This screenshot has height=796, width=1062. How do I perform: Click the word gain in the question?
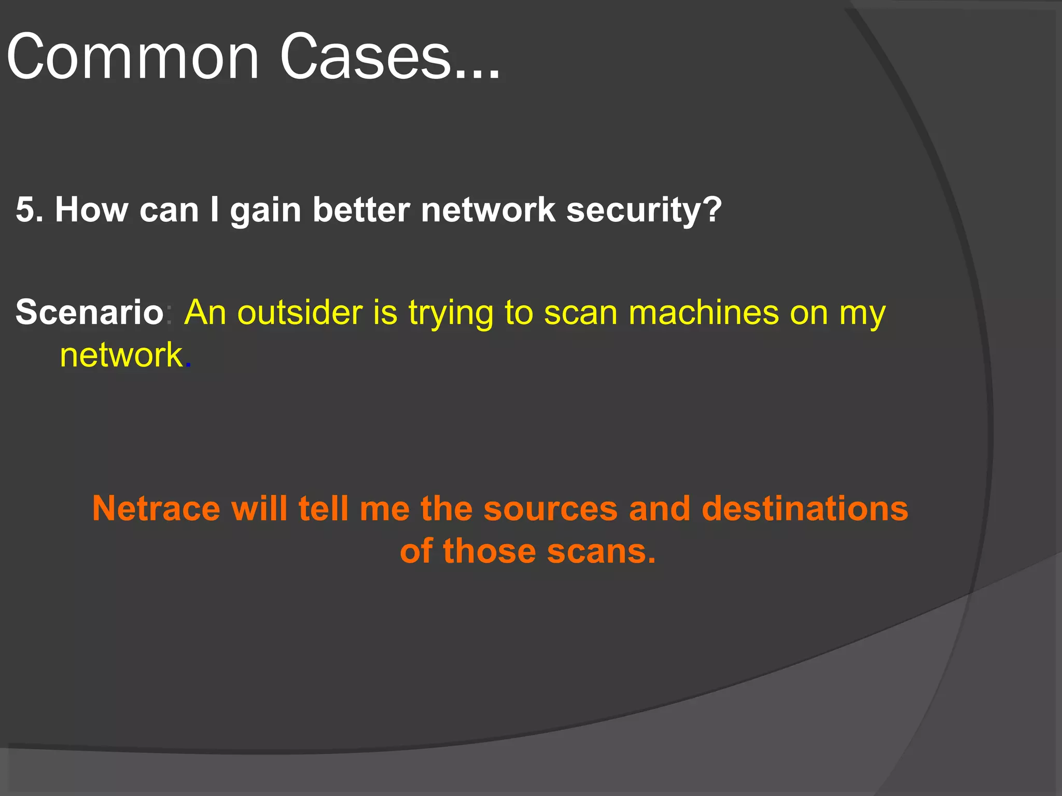click(x=265, y=211)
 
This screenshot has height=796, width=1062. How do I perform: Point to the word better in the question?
click(x=361, y=210)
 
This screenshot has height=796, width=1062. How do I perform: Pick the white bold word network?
click(x=488, y=210)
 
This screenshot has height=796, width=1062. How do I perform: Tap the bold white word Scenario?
click(x=89, y=312)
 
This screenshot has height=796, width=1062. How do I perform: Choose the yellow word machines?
click(x=703, y=312)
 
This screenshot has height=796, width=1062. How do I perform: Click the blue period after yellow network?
click(x=188, y=366)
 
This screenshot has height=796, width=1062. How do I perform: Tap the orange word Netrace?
click(x=156, y=508)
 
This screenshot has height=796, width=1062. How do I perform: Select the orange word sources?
click(x=550, y=509)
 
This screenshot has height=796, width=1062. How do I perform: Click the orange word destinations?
click(x=804, y=508)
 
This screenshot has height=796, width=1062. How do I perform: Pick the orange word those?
click(x=489, y=551)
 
